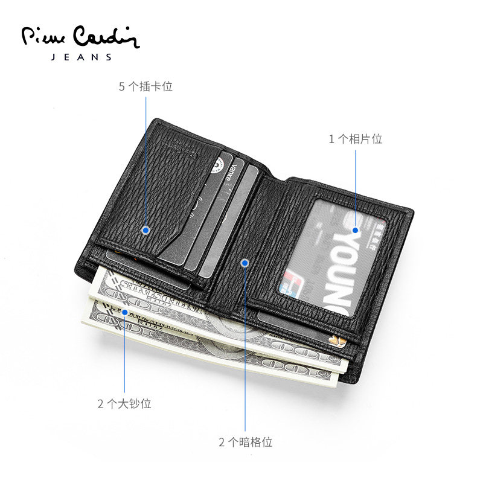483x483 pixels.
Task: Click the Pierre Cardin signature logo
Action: [80, 38]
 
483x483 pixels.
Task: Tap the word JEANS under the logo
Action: [80, 57]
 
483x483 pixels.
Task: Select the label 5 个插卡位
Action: [146, 86]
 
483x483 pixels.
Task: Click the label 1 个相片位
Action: [355, 139]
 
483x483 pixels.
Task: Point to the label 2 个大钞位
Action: [124, 404]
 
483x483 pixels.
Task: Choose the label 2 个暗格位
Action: [245, 442]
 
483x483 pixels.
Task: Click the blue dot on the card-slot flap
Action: [146, 229]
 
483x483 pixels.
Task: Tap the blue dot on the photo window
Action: [355, 230]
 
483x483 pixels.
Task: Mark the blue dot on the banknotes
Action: [124, 312]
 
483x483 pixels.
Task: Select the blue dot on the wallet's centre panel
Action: [245, 263]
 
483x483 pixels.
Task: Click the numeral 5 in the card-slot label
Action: [121, 86]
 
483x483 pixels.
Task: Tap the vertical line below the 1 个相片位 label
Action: [355, 187]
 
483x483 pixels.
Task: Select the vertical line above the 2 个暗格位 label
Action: [245, 350]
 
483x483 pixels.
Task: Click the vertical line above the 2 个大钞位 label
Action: [124, 356]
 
